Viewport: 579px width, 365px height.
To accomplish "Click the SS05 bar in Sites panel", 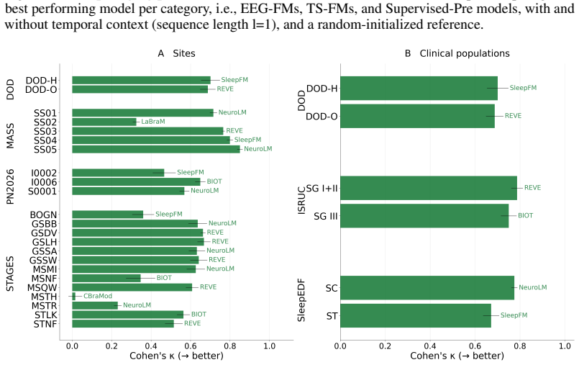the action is point(156,149).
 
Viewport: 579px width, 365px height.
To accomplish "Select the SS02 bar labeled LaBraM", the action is point(104,122).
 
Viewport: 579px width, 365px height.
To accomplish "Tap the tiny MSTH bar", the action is point(74,297).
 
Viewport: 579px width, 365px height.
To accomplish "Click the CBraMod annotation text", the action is point(98,297).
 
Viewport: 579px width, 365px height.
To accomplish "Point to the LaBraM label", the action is point(153,122).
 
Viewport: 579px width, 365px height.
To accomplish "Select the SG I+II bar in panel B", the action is point(429,188).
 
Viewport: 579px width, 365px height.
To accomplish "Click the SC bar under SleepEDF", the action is point(427,288).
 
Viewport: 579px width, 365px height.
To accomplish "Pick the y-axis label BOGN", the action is point(44,215).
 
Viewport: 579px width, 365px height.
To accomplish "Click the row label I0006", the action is point(44,182).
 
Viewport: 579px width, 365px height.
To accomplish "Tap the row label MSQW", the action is point(42,288).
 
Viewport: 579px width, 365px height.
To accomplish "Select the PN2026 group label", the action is point(10,186).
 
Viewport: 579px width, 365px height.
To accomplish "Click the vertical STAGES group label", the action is point(10,274).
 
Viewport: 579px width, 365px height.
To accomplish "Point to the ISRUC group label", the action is point(301,200).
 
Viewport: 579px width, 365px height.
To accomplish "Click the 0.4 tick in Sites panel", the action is point(151,346).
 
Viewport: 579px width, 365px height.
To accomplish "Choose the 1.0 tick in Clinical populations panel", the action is point(565,346).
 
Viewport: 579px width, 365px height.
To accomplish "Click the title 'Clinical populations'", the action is point(465,53).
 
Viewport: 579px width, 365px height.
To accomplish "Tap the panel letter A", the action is point(160,53).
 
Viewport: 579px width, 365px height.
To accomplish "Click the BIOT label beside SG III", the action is point(526,216).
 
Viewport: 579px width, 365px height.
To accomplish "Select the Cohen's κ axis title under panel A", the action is point(176,356).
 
